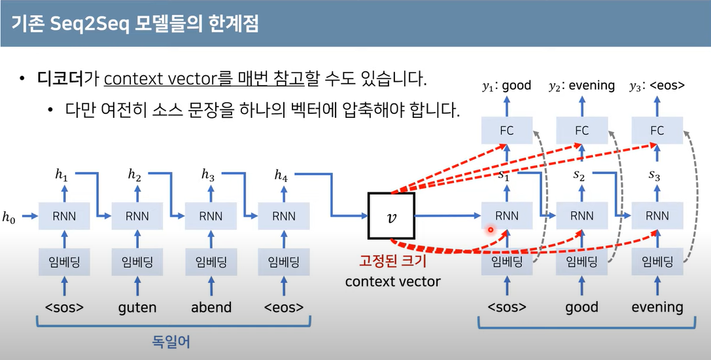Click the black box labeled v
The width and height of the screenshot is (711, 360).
(391, 216)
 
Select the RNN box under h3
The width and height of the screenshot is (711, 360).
(211, 216)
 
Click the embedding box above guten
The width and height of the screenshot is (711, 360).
(137, 263)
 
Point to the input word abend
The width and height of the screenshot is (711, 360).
(211, 307)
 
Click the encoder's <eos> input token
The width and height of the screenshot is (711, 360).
(283, 307)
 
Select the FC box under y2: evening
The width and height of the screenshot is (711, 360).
(581, 130)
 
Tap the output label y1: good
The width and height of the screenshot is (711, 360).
(507, 85)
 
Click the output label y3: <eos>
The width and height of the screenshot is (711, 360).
(657, 85)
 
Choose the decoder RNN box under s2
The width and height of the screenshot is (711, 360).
(581, 216)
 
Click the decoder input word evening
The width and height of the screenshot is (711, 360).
(657, 307)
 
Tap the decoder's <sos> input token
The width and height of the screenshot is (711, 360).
(507, 307)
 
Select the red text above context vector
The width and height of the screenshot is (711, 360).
(392, 262)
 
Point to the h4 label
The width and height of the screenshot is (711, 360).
(281, 175)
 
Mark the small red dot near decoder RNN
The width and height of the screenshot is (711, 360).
(490, 230)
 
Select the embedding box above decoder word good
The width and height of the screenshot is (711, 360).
(581, 263)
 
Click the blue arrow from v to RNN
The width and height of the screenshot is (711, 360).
(447, 216)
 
